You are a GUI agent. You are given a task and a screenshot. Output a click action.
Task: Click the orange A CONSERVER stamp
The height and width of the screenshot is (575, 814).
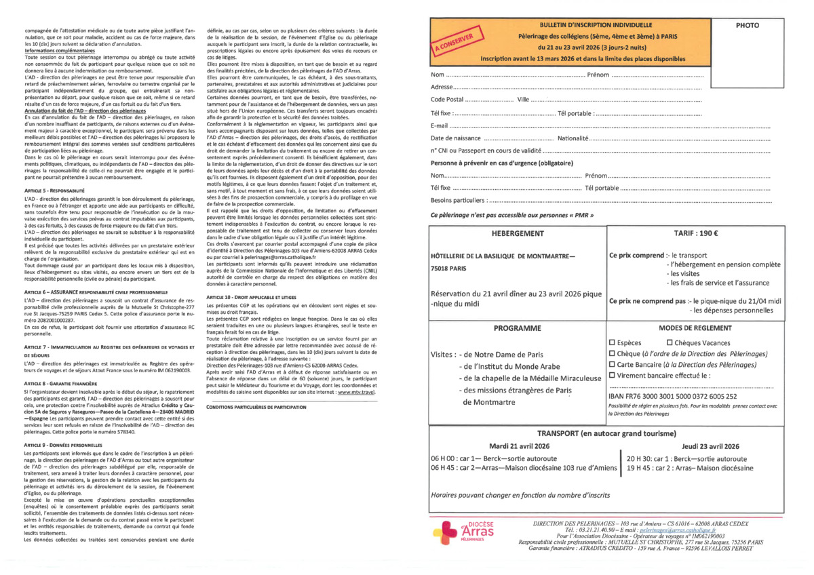(x=456, y=43)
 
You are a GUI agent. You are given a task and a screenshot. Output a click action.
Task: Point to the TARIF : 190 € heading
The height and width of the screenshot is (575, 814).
(x=697, y=232)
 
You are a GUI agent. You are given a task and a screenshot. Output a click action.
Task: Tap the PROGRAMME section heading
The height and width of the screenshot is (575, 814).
(x=518, y=328)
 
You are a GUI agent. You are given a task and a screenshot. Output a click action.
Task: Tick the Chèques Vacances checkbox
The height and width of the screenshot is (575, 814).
(x=670, y=343)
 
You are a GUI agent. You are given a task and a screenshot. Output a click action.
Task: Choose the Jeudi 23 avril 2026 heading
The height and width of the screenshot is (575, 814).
(x=710, y=446)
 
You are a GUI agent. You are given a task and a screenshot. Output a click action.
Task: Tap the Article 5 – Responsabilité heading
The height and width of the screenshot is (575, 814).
(x=50, y=192)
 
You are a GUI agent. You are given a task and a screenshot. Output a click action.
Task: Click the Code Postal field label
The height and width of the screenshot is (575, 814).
(x=446, y=99)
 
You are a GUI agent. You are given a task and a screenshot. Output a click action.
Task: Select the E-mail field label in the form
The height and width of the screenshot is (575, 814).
(x=440, y=125)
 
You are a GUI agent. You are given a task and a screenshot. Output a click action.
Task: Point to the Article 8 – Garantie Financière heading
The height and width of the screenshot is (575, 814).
(x=56, y=383)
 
